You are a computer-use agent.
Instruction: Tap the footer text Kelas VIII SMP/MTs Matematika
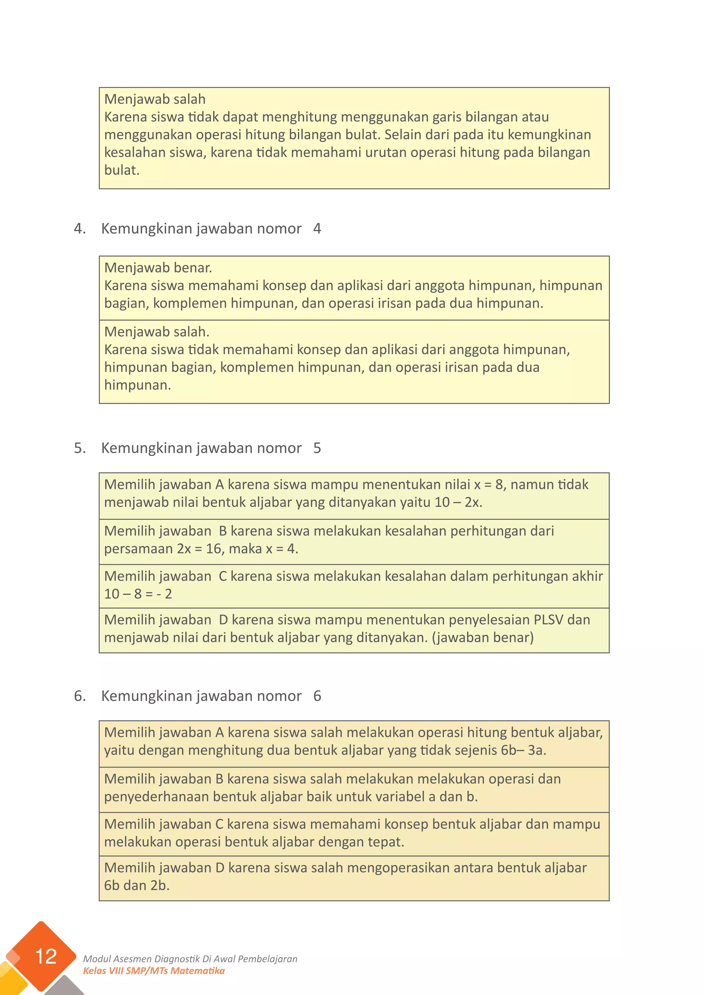click(154, 971)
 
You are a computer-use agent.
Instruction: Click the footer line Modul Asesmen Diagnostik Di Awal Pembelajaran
click(190, 959)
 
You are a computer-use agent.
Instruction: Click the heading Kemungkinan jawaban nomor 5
click(211, 448)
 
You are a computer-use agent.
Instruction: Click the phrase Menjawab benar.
click(158, 268)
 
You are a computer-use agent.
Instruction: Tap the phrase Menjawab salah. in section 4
click(156, 332)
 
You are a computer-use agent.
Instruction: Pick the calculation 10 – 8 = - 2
click(138, 594)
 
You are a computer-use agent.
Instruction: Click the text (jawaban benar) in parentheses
click(483, 637)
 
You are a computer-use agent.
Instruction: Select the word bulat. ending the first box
click(122, 170)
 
